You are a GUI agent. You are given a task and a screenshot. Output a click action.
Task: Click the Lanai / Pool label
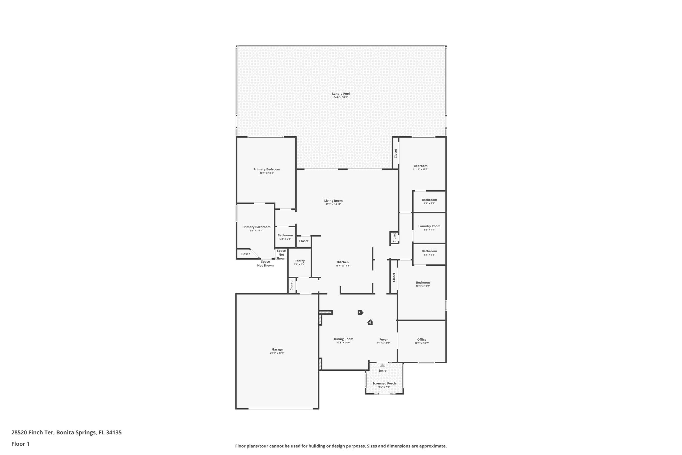[341, 94]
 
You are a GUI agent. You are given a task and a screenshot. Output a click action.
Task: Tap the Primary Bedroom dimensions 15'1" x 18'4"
[266, 173]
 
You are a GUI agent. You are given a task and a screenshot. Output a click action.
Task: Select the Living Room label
[333, 201]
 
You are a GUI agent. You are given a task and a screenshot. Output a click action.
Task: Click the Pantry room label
[299, 261]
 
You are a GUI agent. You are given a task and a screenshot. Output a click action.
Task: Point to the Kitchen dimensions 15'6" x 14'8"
[343, 266]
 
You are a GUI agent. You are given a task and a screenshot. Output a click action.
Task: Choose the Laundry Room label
[429, 226]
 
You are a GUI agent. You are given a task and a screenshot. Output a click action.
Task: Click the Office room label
[422, 340]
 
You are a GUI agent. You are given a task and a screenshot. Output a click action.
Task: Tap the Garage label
[277, 349]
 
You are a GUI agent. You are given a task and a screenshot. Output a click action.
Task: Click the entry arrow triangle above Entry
[382, 365]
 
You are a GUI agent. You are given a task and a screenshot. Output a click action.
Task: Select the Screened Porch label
[384, 383]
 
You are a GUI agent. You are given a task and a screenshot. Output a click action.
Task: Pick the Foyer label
[383, 340]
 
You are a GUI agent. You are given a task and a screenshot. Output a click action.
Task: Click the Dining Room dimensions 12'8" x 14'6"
[343, 343]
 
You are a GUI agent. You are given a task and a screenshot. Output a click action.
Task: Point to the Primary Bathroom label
[256, 227]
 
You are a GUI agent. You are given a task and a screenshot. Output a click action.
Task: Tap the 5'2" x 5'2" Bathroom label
[285, 235]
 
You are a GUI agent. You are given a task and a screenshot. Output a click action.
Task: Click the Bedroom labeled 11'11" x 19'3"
[421, 166]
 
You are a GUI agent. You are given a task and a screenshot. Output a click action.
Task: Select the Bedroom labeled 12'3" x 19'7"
[423, 283]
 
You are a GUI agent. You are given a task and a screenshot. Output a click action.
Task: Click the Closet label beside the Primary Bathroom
[245, 254]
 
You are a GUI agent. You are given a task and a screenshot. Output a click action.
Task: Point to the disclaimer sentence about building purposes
[341, 446]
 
